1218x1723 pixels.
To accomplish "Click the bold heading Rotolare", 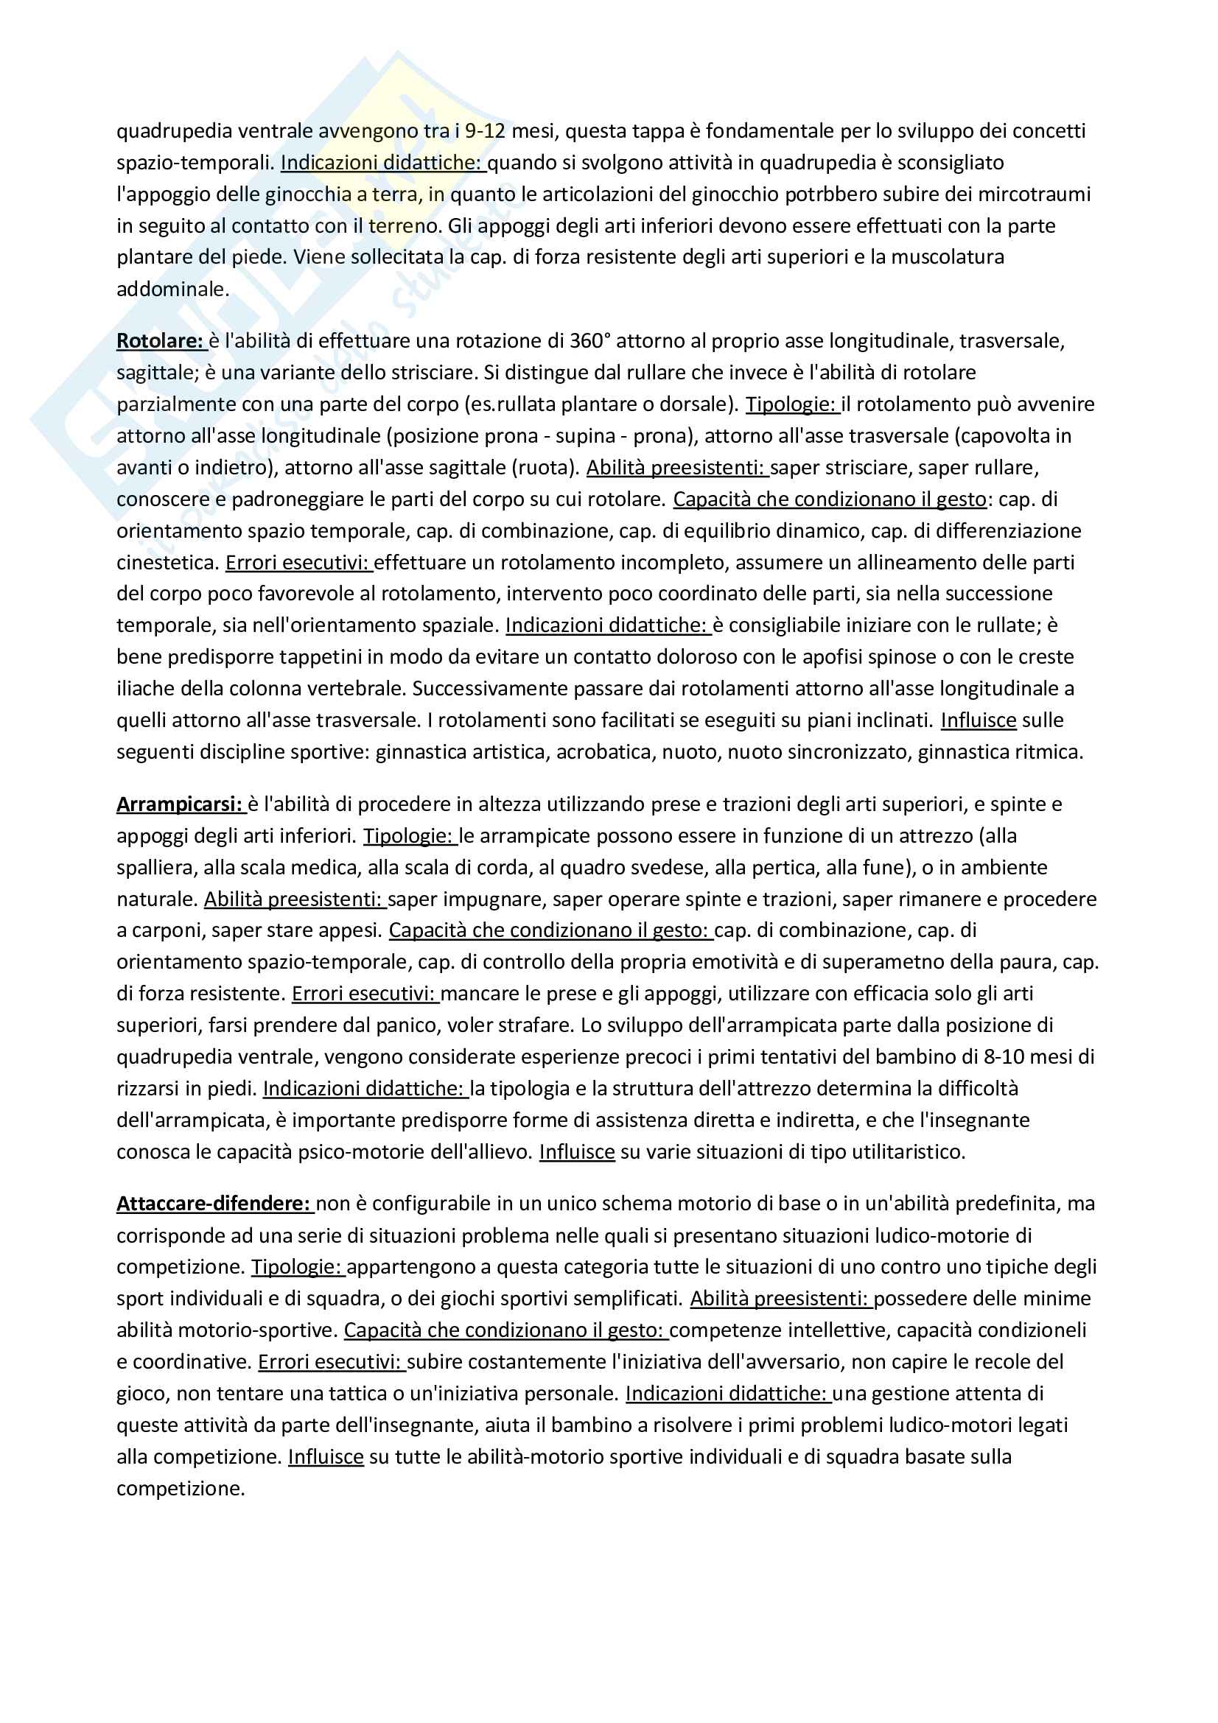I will click(x=160, y=341).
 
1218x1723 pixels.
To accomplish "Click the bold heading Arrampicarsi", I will click(x=180, y=804).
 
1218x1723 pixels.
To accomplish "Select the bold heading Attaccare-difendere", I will click(x=214, y=1203).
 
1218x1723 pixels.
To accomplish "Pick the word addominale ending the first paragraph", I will click(x=172, y=289).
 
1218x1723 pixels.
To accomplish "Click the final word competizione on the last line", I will click(x=180, y=1489).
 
